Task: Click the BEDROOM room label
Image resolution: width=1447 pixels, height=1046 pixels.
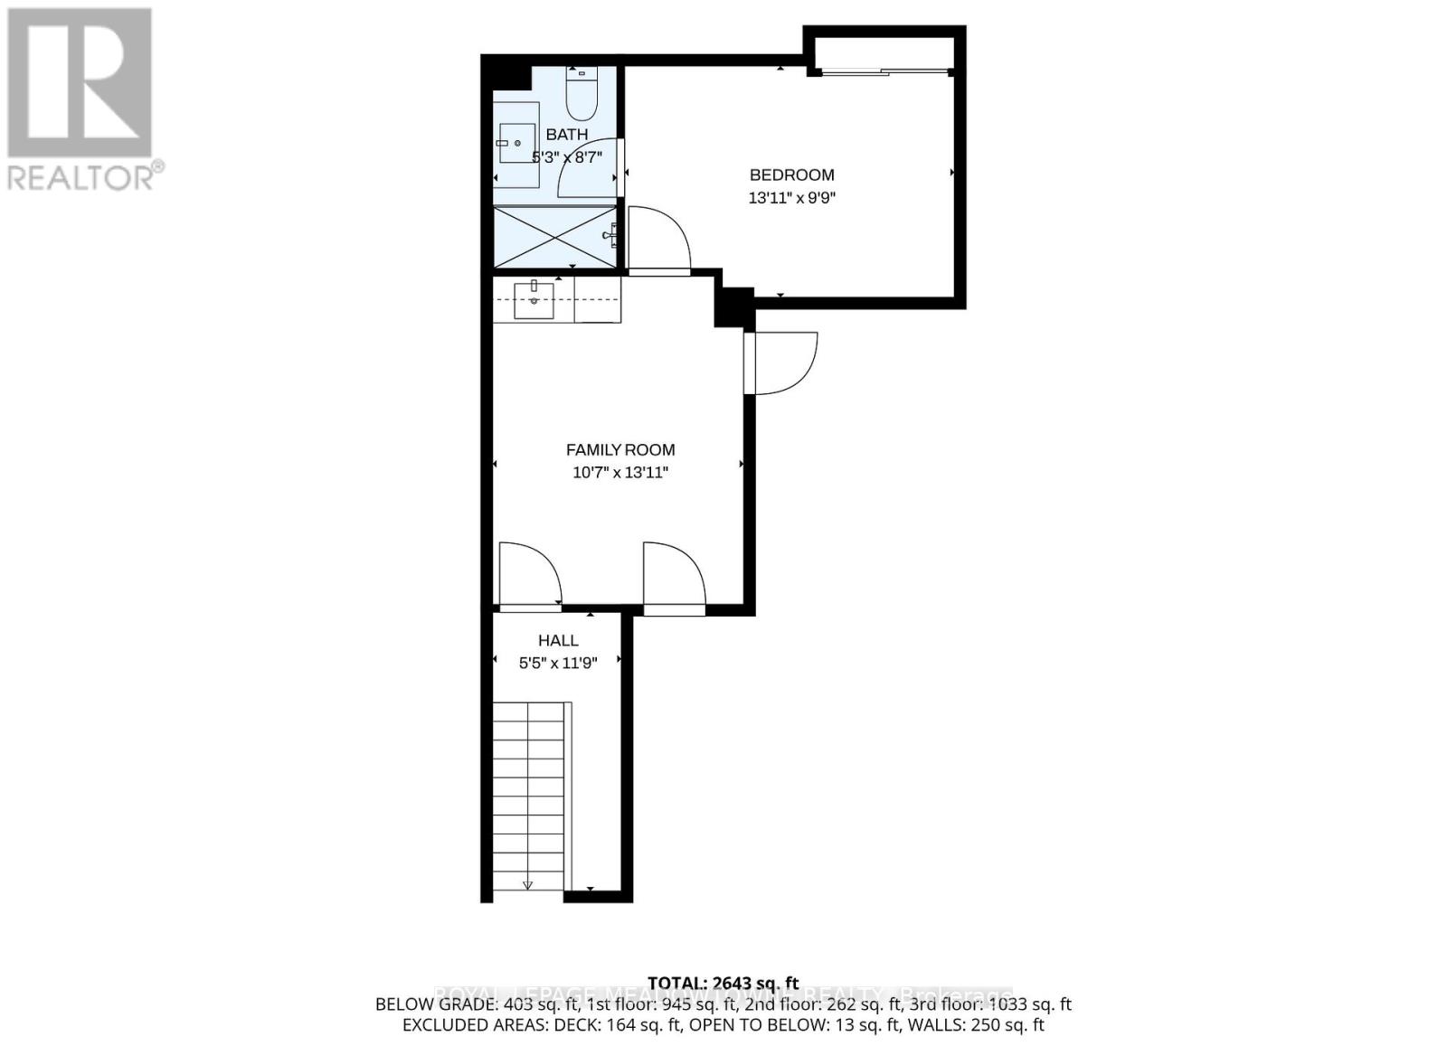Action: point(791,175)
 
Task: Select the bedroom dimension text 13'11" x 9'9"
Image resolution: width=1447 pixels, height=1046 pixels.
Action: point(791,198)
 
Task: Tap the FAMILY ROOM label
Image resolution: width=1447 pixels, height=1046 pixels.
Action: point(620,449)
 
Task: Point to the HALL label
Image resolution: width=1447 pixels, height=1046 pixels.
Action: point(558,640)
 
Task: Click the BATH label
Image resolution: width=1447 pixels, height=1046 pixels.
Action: point(566,135)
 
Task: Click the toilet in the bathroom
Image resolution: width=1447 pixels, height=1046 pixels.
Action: point(581,96)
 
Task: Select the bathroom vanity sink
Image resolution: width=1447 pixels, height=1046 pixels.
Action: point(516,144)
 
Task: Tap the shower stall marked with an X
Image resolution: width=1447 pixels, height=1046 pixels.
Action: point(553,237)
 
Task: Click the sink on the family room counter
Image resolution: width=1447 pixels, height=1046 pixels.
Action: point(534,300)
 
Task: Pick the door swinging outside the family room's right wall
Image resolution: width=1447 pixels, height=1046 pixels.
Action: point(783,363)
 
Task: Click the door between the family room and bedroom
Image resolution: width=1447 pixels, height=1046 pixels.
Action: point(658,240)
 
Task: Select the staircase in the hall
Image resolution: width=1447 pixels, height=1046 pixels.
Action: point(529,796)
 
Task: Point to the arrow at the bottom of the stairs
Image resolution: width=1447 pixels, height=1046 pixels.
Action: point(528,885)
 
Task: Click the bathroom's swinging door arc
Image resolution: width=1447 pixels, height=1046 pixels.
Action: point(588,169)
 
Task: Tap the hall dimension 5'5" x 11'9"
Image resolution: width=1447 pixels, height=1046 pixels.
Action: point(558,663)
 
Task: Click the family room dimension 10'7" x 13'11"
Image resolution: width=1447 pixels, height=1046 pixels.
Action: point(620,472)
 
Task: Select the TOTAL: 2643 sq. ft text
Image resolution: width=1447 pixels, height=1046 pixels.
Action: point(723,983)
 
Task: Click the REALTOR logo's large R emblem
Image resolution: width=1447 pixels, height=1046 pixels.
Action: point(80,82)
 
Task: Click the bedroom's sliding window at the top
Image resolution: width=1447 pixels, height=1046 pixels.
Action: point(882,71)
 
